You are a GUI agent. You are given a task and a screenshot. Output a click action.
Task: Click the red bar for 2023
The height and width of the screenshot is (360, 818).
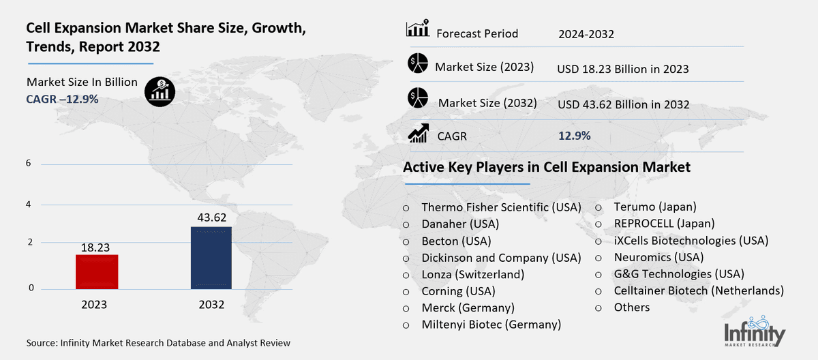click(x=97, y=271)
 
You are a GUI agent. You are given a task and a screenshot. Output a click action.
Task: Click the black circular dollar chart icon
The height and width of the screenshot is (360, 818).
click(x=161, y=91)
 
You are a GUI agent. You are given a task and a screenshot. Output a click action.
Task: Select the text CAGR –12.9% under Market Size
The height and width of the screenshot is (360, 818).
click(x=62, y=99)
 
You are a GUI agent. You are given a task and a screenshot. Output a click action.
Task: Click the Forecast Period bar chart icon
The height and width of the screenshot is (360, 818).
click(x=416, y=29)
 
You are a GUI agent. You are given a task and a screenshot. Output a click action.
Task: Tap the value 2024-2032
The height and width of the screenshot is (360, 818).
click(x=586, y=33)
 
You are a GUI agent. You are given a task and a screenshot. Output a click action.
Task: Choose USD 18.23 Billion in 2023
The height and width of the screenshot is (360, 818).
click(x=622, y=69)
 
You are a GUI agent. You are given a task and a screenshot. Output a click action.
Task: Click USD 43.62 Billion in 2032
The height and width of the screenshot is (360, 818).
click(x=622, y=104)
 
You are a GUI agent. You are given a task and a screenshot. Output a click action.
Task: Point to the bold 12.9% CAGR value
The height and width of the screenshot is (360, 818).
click(x=574, y=136)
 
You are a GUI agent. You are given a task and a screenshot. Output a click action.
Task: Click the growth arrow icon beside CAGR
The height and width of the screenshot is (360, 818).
click(x=417, y=134)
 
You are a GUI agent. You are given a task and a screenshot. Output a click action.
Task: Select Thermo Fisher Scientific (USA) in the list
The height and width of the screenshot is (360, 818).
click(x=500, y=207)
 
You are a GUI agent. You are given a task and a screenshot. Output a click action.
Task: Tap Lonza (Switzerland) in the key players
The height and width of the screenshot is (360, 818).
click(x=472, y=274)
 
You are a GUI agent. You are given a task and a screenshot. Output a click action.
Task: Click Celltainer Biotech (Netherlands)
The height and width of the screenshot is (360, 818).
click(x=688, y=290)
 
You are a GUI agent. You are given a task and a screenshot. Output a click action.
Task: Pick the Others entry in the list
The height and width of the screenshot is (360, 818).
click(x=631, y=307)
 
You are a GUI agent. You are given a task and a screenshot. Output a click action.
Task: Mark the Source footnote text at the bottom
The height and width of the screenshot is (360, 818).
click(x=159, y=343)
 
